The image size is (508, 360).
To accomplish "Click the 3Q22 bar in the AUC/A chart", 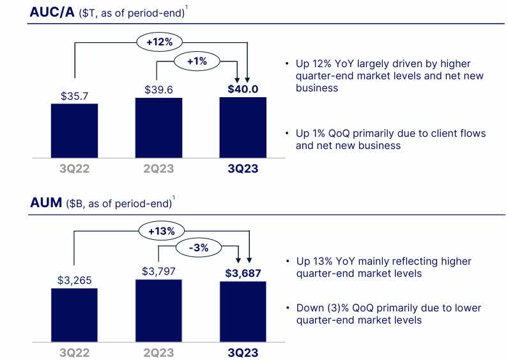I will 75,131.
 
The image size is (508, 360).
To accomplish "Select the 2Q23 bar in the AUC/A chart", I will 158,129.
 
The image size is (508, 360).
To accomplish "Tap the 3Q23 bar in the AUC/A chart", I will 243,129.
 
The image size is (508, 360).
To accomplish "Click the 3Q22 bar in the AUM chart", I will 75,315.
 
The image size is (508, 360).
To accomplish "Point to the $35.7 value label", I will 75,96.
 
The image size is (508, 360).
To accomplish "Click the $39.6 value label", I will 158,90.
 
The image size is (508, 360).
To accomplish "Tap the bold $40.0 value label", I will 243,89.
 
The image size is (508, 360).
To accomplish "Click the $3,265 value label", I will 75,279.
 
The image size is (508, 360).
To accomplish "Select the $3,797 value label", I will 158,272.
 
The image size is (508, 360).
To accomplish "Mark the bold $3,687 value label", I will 243,274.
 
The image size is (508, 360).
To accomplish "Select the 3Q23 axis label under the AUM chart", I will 243,352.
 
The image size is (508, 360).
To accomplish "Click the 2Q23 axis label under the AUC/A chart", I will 158,169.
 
